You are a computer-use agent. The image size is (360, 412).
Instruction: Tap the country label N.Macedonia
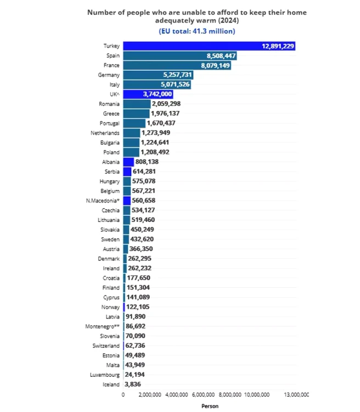click(103, 201)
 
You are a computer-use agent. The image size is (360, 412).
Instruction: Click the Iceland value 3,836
click(134, 385)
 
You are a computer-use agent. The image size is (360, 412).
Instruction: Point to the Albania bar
click(128, 162)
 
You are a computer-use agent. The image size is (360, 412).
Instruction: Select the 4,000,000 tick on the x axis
click(176, 395)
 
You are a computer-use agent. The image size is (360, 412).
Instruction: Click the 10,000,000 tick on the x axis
click(256, 395)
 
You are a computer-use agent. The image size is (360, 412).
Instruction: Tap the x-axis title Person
click(210, 407)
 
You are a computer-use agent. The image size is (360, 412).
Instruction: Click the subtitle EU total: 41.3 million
click(197, 31)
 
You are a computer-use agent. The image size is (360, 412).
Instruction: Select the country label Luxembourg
click(104, 375)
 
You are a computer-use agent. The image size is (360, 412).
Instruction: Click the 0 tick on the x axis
click(123, 395)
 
